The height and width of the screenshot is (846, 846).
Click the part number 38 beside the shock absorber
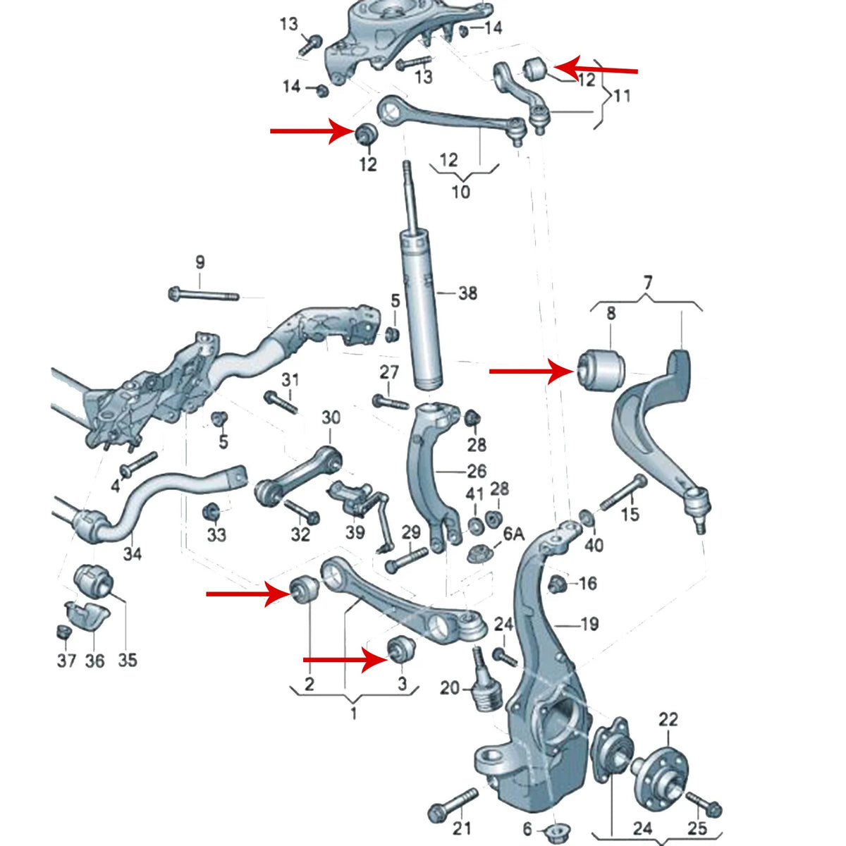pyautogui.click(x=467, y=293)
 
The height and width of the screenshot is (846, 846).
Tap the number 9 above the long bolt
pyautogui.click(x=200, y=262)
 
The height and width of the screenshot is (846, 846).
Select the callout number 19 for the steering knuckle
pyautogui.click(x=589, y=623)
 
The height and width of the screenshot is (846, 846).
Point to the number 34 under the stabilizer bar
pyautogui.click(x=132, y=554)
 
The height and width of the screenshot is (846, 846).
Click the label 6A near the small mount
pyautogui.click(x=514, y=534)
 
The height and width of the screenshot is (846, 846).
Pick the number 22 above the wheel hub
pyautogui.click(x=668, y=719)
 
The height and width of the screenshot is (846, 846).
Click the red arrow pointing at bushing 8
pyautogui.click(x=532, y=372)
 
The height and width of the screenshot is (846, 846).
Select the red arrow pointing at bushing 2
pyautogui.click(x=249, y=594)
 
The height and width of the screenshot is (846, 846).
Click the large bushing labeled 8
pyautogui.click(x=602, y=369)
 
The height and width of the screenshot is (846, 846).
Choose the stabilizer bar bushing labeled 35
pyautogui.click(x=94, y=582)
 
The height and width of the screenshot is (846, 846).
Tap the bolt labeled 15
pyautogui.click(x=624, y=493)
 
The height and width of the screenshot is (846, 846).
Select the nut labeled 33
pyautogui.click(x=211, y=512)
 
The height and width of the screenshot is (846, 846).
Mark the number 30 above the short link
pyautogui.click(x=331, y=417)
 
